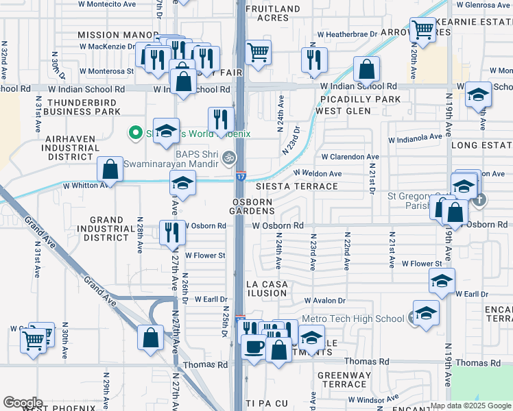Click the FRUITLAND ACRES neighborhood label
click(273, 14)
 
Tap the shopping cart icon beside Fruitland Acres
click(258, 53)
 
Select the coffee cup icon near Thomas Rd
click(254, 347)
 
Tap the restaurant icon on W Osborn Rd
click(172, 232)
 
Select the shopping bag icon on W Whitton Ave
click(110, 169)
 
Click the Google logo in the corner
click(23, 403)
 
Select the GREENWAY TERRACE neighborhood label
click(344, 379)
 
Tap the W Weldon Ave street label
click(318, 174)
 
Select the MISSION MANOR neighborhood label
click(108, 35)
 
